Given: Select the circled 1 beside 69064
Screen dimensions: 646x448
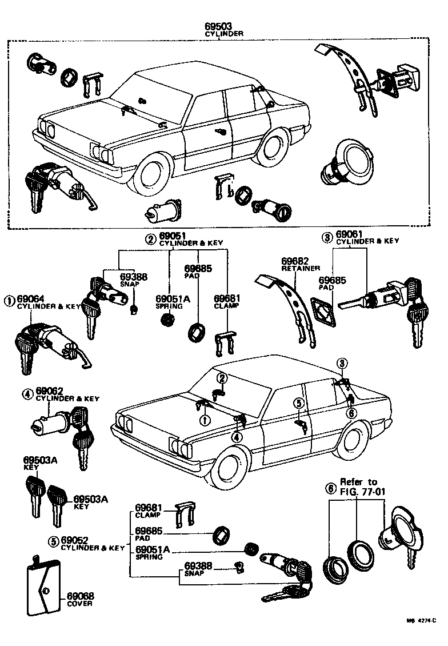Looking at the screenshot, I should pyautogui.click(x=10, y=300).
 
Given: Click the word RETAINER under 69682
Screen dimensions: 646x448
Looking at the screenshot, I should pyautogui.click(x=301, y=268).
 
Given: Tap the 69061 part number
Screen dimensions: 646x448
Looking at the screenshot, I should pyautogui.click(x=350, y=234).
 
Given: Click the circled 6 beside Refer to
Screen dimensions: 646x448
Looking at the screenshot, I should pyautogui.click(x=329, y=489).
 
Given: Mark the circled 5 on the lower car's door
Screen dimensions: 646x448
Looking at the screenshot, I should pyautogui.click(x=297, y=403).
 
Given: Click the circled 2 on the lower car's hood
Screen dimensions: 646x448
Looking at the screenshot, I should pyautogui.click(x=222, y=378).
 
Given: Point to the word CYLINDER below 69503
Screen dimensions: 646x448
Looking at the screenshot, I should pyautogui.click(x=224, y=34).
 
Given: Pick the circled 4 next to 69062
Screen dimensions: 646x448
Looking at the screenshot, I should pyautogui.click(x=26, y=393).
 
